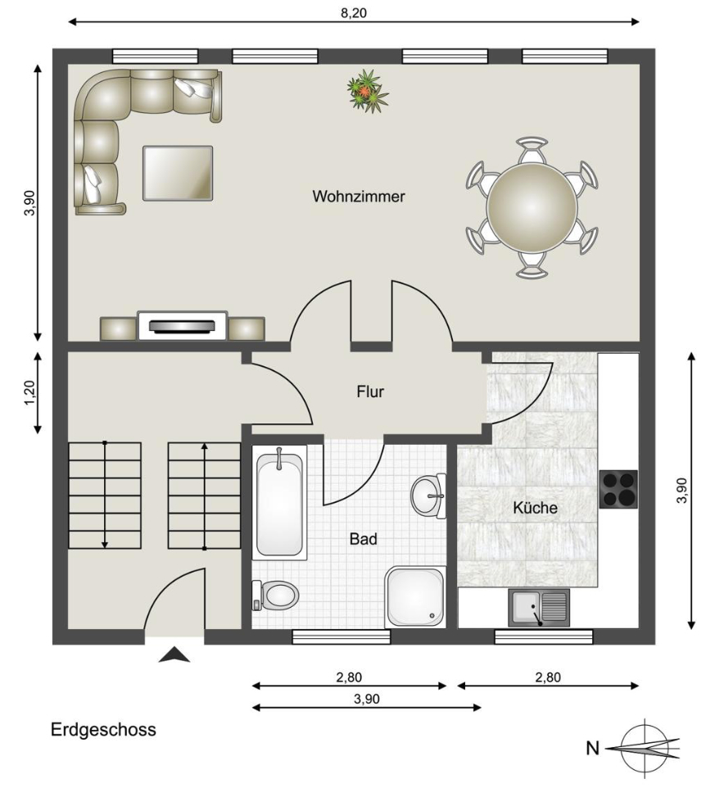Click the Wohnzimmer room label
(x=358, y=196)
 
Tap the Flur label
(x=370, y=392)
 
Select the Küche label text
(x=535, y=508)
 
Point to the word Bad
(x=364, y=539)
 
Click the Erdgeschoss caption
(x=103, y=730)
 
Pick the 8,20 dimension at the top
(x=354, y=13)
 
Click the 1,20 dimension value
(x=30, y=392)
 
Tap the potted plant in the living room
(x=368, y=91)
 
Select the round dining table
(x=532, y=207)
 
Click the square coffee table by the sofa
(x=178, y=174)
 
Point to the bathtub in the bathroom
(x=280, y=503)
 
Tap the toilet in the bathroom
(x=275, y=596)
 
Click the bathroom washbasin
(x=428, y=496)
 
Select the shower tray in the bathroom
(x=415, y=597)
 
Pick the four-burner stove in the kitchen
(x=618, y=489)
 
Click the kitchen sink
(x=539, y=608)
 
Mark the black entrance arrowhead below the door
(x=174, y=655)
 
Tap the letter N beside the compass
(x=593, y=749)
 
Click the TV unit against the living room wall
(x=183, y=326)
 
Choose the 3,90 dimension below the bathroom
(x=367, y=699)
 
